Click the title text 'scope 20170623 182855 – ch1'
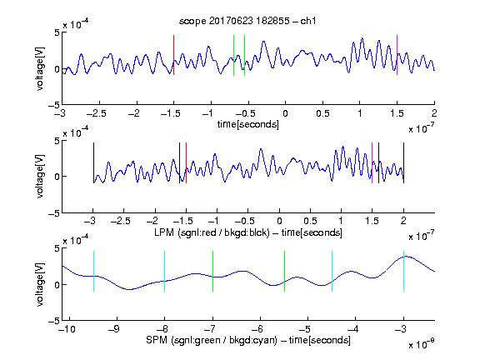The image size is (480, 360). point(247,21)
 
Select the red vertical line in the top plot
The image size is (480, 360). point(173,55)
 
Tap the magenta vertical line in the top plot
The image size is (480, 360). point(397,55)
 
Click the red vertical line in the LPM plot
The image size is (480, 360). point(186,162)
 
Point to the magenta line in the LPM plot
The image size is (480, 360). point(372,162)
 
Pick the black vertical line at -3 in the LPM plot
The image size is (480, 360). point(93,162)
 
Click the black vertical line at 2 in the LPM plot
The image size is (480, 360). point(404,162)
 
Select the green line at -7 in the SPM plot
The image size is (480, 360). point(212,271)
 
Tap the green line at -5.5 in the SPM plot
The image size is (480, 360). point(284,271)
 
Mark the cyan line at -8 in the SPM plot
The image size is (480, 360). point(165,271)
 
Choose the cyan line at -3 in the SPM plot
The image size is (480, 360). point(404,271)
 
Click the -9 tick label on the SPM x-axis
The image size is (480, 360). point(114,329)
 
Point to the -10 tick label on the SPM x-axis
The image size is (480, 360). point(67,329)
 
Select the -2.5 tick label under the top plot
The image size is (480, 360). point(97,113)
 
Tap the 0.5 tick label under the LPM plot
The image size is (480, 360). point(310,221)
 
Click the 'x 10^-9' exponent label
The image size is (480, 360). point(421,343)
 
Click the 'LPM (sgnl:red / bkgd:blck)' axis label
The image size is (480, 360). point(212,232)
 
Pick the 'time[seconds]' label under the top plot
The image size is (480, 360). point(248,124)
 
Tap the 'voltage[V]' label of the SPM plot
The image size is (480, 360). point(40,284)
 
